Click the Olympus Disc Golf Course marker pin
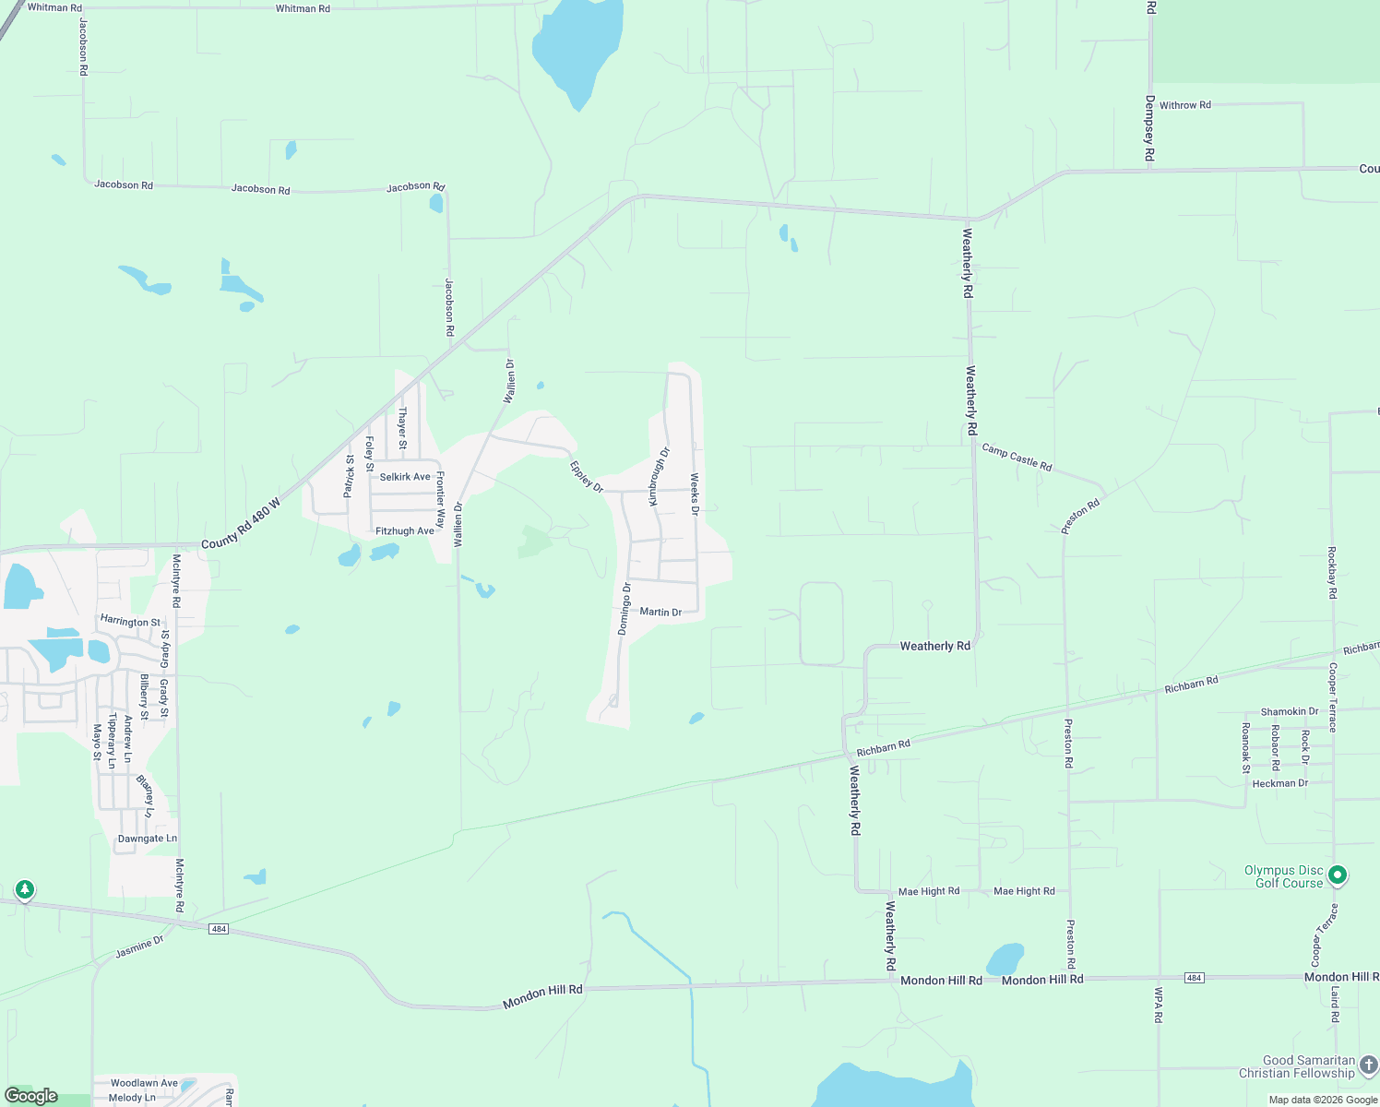pos(1338,874)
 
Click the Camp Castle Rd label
pos(1017,457)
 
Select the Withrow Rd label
pos(1184,105)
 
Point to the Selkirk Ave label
pos(405,477)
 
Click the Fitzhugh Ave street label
pos(404,531)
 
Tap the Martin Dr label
pos(660,612)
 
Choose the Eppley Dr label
pos(586,476)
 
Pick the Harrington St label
pos(130,622)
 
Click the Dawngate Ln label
pos(148,839)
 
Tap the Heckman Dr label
pos(1279,783)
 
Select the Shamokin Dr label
pos(1290,711)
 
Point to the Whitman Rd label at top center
pos(303,8)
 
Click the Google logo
pos(31,1096)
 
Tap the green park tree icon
pos(25,889)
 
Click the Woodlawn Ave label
pos(144,1083)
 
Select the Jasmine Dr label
pos(139,946)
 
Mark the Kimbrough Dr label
pos(659,476)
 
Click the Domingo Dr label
pos(625,609)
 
